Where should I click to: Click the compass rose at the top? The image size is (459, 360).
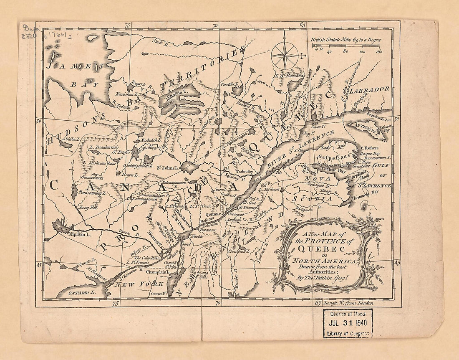coord(285,56)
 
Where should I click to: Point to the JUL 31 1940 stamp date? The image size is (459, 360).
coord(348,323)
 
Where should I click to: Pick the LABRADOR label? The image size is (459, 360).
coord(369,89)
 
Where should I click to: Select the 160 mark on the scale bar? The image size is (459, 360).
coord(379,52)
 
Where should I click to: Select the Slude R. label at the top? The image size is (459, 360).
coord(159,41)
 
